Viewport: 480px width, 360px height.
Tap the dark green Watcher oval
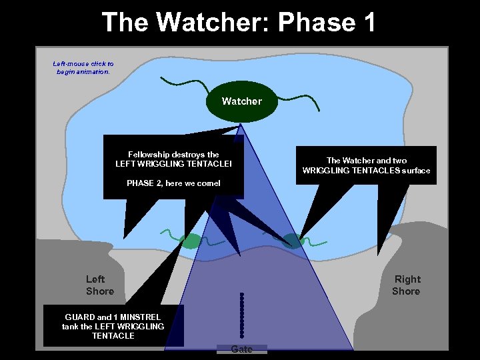(x=241, y=101)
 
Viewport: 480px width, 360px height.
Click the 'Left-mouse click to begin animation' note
(x=83, y=68)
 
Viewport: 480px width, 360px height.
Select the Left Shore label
(x=100, y=285)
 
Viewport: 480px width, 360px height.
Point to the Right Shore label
(x=406, y=285)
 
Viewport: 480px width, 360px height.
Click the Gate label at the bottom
(x=241, y=349)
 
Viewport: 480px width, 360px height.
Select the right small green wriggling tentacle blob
(x=291, y=241)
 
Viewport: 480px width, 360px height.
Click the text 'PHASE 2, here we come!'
(x=173, y=183)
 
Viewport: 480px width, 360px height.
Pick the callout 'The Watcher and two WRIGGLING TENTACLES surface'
(x=366, y=165)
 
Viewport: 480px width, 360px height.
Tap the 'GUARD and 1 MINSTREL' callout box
(x=113, y=326)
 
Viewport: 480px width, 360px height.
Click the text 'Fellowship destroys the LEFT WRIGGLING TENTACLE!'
(x=173, y=159)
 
